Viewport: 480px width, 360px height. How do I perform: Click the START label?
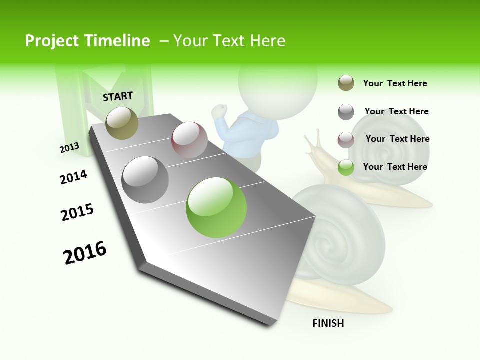[118, 96]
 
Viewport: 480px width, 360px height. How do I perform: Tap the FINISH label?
[328, 323]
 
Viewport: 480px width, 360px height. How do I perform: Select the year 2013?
[69, 147]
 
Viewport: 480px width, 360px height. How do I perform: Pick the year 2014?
[73, 177]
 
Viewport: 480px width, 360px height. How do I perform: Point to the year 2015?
[77, 212]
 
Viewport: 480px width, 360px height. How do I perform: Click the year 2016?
[85, 252]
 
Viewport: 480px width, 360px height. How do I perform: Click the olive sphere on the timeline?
[122, 123]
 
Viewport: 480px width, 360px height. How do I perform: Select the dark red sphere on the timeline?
[189, 139]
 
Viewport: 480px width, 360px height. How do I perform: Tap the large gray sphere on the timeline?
[145, 179]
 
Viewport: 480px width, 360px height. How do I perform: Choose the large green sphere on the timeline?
[216, 207]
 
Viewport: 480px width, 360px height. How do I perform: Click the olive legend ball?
[346, 83]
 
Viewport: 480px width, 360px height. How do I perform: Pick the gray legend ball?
[346, 112]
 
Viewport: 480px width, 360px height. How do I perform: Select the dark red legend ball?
[346, 140]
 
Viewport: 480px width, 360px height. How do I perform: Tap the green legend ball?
[346, 167]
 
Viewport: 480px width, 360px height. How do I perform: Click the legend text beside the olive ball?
[395, 83]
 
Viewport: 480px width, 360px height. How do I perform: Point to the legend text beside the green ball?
[395, 167]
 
